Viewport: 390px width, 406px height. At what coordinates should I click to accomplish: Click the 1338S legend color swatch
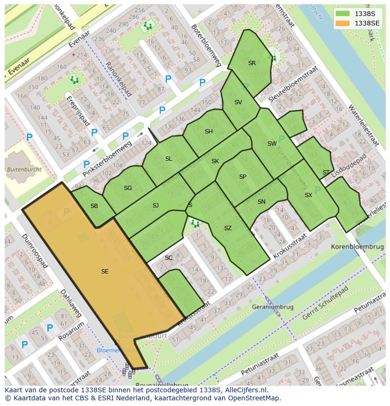tap(343, 14)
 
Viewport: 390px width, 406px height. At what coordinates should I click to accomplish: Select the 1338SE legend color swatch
tap(343, 23)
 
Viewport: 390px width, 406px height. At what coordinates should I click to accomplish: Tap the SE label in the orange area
tap(105, 271)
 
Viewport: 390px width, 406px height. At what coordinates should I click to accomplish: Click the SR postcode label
tap(252, 63)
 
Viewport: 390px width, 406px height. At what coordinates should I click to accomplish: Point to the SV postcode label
tap(238, 102)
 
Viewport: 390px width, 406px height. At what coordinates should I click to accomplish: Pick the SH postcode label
tap(209, 132)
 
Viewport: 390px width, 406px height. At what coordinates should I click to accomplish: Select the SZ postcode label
tap(228, 228)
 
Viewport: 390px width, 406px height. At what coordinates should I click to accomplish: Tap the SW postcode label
tap(272, 144)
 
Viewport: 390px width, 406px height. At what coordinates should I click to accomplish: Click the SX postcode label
tap(309, 195)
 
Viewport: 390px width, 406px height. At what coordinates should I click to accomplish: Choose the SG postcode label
tap(128, 188)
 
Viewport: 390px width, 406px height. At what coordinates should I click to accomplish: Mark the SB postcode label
tap(94, 206)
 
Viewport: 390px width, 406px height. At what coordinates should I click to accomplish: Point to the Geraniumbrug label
tap(273, 307)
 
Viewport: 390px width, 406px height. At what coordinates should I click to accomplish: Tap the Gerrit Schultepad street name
tap(325, 303)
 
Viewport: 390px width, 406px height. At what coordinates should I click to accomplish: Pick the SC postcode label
tap(169, 258)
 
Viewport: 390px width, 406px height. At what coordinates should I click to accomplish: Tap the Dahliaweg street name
tap(71, 303)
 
